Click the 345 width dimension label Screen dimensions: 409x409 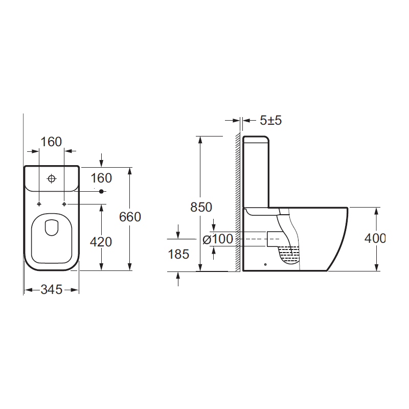(52, 289)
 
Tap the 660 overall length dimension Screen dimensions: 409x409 (130, 217)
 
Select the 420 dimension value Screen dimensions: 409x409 (101, 242)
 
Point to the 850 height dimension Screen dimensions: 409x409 (201, 208)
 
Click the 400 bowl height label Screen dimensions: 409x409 (375, 238)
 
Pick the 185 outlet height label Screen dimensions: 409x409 (178, 254)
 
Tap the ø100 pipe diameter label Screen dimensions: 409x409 (218, 239)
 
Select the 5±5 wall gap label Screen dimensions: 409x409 (271, 121)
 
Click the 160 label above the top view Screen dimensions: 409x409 (51, 142)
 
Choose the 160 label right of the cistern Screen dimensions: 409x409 (101, 178)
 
